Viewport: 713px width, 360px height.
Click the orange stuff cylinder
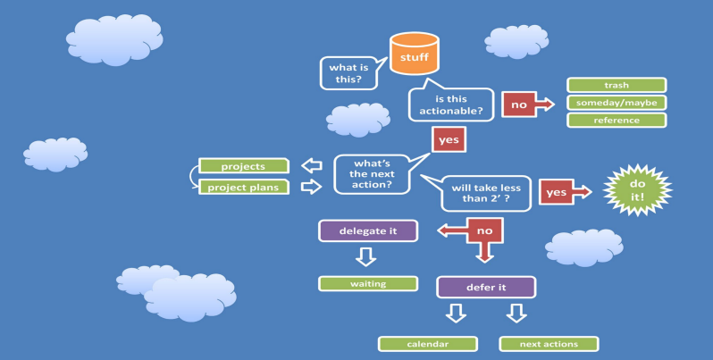pos(415,54)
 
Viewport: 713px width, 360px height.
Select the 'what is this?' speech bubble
pos(349,73)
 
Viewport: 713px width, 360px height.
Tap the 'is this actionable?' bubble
pos(451,105)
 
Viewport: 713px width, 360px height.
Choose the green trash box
pos(617,85)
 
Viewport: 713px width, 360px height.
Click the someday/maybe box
pos(617,103)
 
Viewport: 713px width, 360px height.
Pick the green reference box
pos(617,120)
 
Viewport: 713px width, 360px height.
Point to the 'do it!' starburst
pos(637,190)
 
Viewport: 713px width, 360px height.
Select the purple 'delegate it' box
pos(368,230)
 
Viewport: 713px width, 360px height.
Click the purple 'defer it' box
pos(486,288)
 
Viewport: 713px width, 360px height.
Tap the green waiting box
pos(368,284)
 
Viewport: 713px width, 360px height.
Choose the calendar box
pos(428,344)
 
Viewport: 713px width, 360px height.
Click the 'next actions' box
pos(549,344)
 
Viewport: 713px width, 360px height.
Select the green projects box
pos(244,166)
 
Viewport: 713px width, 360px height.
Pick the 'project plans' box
pos(244,188)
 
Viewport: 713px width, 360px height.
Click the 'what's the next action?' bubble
pos(372,174)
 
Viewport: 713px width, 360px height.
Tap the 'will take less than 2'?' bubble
pos(486,193)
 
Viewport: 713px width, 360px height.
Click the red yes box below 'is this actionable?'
pos(449,139)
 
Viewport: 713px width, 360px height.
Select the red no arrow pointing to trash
pos(527,105)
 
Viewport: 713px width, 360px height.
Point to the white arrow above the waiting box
pos(366,256)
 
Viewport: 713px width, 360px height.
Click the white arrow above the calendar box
pos(456,314)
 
